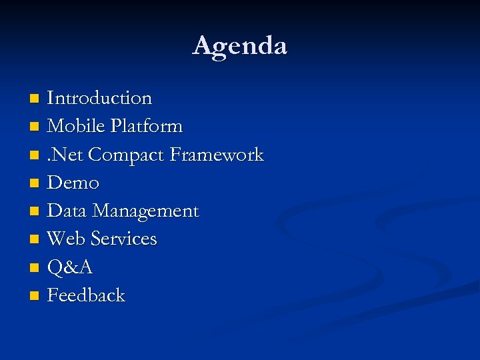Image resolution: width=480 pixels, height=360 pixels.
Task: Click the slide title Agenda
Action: point(240,46)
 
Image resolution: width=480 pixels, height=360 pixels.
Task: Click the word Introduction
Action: point(99,98)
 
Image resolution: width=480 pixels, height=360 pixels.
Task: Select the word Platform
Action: point(147,126)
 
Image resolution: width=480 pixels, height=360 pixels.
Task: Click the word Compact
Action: point(126,155)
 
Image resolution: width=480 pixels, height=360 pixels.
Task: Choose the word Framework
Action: point(217,155)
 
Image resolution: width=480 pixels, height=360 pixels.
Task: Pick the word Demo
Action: point(73,183)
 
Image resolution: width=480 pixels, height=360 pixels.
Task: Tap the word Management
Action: point(145,211)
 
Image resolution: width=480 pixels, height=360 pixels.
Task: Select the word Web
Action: point(66,239)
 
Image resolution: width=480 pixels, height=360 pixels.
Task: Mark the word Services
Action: point(123,239)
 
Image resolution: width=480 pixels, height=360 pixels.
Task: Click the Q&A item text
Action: point(70,267)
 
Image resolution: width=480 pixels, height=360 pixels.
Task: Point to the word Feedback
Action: point(86,295)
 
